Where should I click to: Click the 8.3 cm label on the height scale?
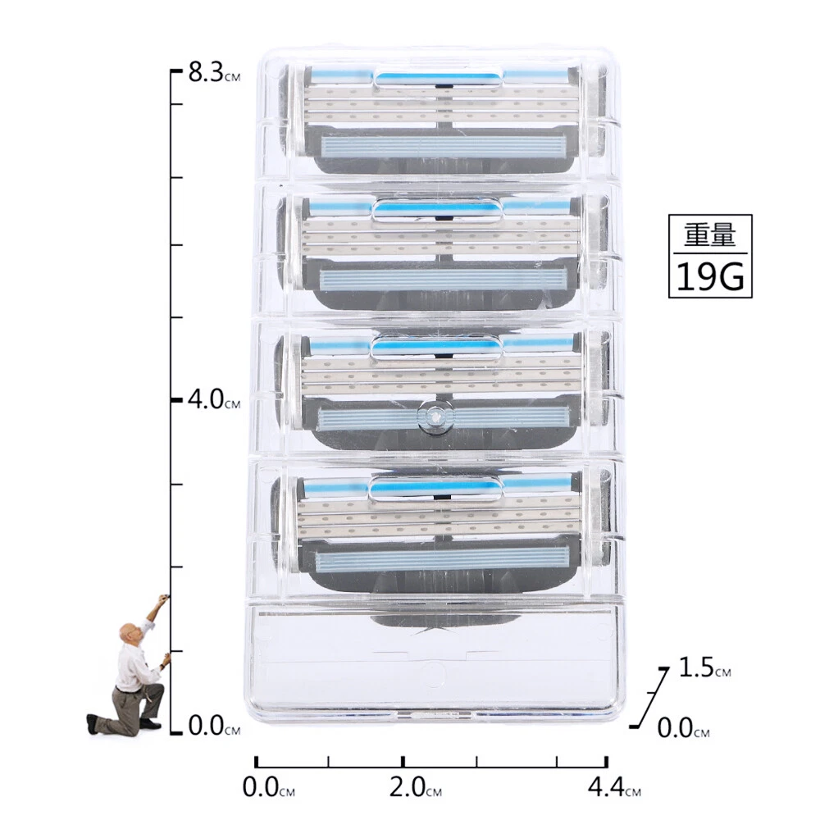214,72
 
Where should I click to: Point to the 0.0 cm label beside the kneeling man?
214,726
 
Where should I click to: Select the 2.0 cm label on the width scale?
416,786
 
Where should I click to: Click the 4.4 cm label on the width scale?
614,786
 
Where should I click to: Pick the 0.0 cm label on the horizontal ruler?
269,786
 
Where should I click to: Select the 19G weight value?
710,276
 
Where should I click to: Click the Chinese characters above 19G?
710,235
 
